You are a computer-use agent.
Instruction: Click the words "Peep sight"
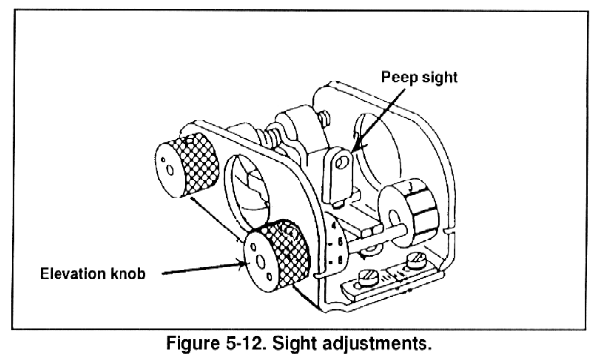(x=419, y=78)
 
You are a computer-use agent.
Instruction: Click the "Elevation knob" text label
(x=93, y=274)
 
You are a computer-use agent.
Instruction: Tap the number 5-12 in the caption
(x=243, y=343)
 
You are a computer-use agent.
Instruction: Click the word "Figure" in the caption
(x=191, y=344)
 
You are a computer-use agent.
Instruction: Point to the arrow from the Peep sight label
(x=378, y=120)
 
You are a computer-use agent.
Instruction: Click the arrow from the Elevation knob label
(x=204, y=267)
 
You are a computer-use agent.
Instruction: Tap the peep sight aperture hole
(x=342, y=162)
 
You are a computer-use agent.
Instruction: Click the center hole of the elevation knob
(x=260, y=262)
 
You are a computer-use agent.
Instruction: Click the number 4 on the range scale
(x=334, y=226)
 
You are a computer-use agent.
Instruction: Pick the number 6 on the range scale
(x=339, y=242)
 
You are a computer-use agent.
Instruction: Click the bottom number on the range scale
(x=340, y=261)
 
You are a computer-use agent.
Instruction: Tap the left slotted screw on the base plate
(x=368, y=276)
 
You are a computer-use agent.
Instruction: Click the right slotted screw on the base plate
(x=416, y=261)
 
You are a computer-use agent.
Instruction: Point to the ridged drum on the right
(x=408, y=209)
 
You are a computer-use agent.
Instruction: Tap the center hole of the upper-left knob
(x=171, y=170)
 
